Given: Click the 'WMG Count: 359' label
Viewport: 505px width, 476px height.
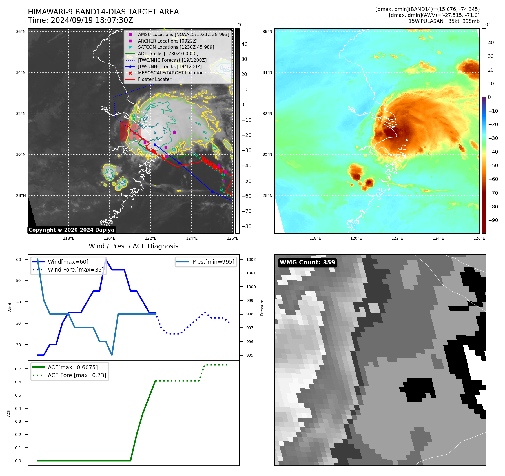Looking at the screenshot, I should [x=307, y=263].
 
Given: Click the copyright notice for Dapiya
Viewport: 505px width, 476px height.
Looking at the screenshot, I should [x=71, y=230].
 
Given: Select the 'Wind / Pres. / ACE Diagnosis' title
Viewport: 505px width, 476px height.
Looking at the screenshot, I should [x=133, y=246].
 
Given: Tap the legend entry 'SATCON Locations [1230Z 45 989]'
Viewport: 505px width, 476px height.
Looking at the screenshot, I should [x=176, y=47].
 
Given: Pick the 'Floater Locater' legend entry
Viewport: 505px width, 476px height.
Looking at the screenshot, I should [x=154, y=79].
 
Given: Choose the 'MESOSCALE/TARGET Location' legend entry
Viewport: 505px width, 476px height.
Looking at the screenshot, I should [x=170, y=73].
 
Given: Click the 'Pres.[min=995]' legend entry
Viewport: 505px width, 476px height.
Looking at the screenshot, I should [x=213, y=262].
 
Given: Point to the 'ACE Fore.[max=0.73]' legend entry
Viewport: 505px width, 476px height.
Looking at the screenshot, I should [x=77, y=375].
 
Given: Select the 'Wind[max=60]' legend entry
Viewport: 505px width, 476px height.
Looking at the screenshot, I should [x=68, y=262].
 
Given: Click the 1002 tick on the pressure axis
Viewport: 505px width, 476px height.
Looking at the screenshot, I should [x=251, y=259].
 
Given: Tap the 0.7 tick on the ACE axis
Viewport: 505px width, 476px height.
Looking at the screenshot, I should [x=18, y=369].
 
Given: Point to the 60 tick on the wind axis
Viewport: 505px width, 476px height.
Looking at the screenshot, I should [x=18, y=259].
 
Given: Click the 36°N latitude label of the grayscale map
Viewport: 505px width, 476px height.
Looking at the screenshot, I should [x=21, y=32].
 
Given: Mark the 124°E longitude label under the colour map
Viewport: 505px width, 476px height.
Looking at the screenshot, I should [x=438, y=238].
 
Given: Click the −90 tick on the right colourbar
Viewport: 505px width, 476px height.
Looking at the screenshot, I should [x=493, y=220].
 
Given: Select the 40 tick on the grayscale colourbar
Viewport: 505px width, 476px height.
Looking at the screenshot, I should [x=244, y=44].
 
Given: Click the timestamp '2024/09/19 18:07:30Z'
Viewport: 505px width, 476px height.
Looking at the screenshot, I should [x=92, y=20].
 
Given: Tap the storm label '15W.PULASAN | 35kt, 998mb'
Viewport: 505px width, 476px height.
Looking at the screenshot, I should [x=444, y=21].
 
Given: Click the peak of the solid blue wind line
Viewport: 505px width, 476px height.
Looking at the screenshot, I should [x=106, y=259].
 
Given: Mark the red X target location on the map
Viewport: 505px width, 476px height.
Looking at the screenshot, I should [x=128, y=126].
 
